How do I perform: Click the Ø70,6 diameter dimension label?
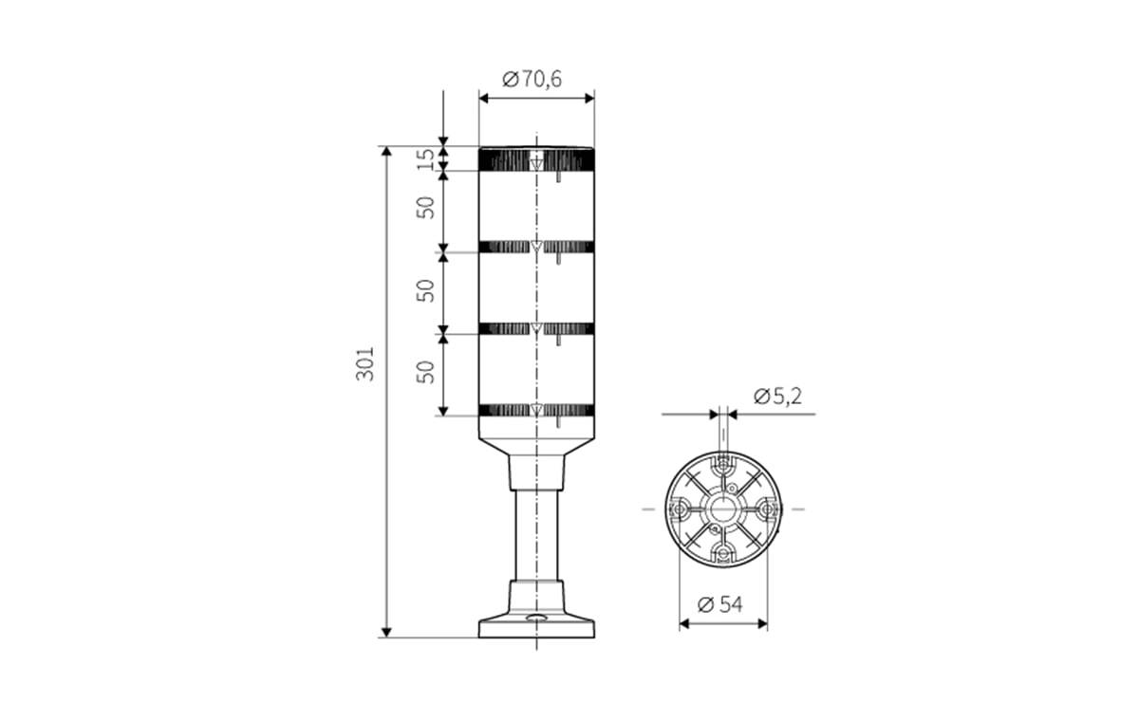[x=532, y=79]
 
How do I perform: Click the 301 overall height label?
[x=365, y=363]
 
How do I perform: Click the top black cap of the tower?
[x=536, y=158]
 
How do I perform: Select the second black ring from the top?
[x=536, y=247]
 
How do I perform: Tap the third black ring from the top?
[x=536, y=328]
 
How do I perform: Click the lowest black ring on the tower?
[x=536, y=410]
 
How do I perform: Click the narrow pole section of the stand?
[x=536, y=531]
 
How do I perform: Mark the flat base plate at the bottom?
[x=536, y=627]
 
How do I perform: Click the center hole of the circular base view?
[x=723, y=509]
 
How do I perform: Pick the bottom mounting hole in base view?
[x=723, y=553]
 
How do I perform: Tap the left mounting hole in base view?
[x=679, y=509]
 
